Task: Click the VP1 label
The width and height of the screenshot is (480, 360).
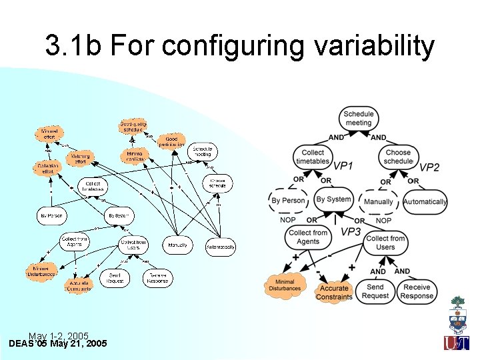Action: tap(343, 165)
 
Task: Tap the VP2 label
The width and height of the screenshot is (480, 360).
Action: tap(429, 167)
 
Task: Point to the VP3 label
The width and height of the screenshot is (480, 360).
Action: tap(351, 231)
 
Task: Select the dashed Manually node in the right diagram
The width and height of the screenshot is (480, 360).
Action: tap(379, 201)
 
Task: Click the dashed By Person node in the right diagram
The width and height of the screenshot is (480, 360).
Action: tap(288, 200)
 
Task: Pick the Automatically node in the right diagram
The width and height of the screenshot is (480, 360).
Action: tap(425, 201)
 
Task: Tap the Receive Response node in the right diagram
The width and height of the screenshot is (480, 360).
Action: tap(417, 292)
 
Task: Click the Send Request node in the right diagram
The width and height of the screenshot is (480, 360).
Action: tap(375, 292)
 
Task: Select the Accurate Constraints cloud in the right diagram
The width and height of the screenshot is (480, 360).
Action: tap(334, 293)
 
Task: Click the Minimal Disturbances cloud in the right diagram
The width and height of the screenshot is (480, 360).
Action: tap(285, 285)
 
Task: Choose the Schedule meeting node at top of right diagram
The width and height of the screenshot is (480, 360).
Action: tap(358, 118)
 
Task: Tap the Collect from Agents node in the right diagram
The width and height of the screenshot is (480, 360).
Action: tap(307, 237)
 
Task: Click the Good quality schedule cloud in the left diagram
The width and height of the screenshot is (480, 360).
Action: tap(133, 126)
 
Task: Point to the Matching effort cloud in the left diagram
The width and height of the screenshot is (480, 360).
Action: tap(80, 158)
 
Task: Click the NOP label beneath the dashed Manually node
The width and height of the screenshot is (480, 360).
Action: tap(383, 220)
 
